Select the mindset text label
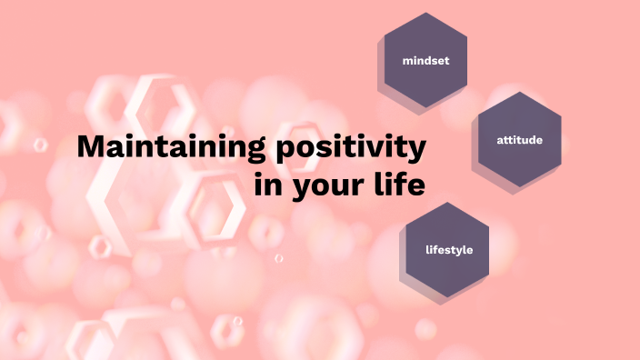[426, 61]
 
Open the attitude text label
[520, 140]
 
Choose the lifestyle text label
[449, 249]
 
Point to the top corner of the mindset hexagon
[426, 13]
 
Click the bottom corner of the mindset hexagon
[426, 108]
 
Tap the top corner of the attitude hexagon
[520, 92]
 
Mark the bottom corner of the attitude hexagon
[520, 187]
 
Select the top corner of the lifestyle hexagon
[448, 202]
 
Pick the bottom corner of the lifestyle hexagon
[448, 296]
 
